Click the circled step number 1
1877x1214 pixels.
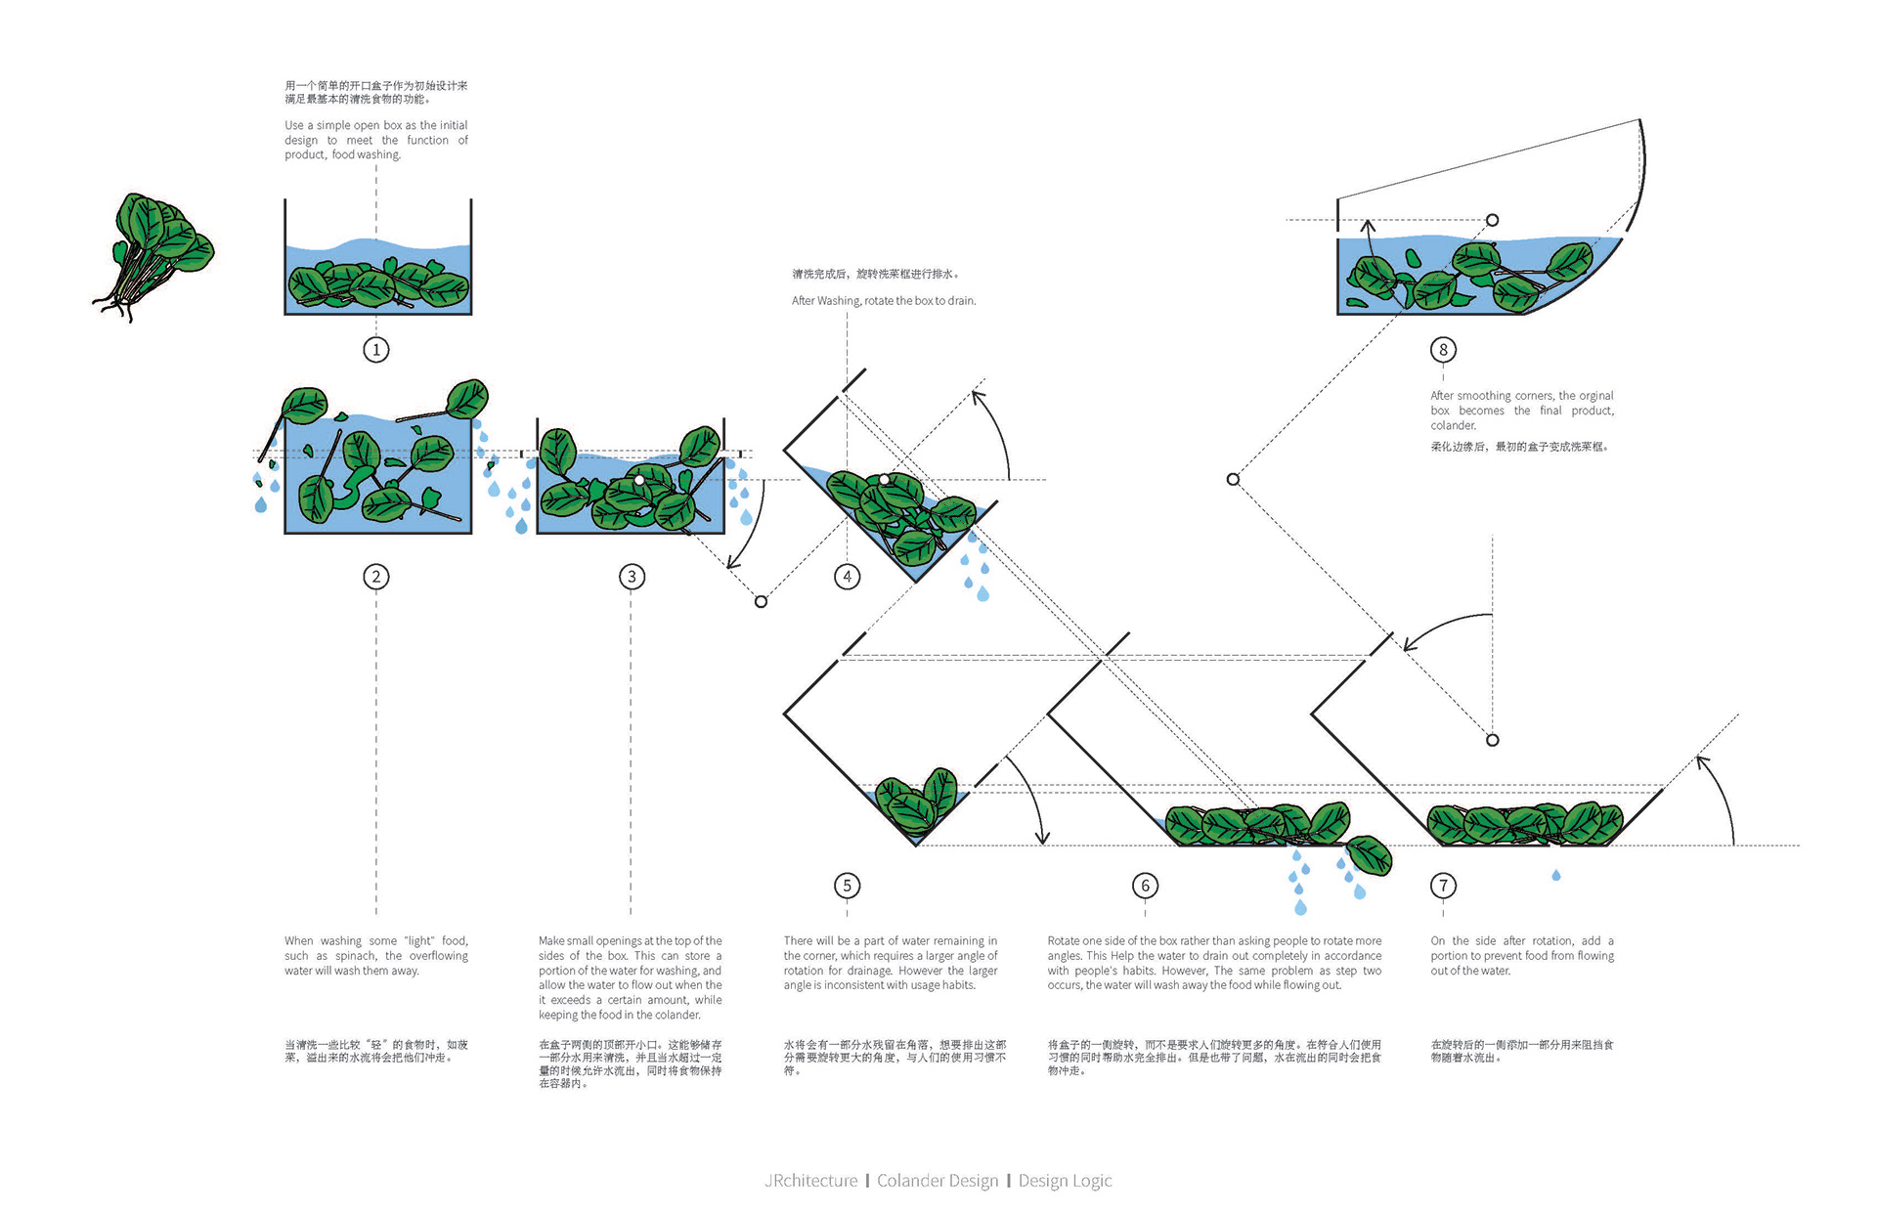[x=376, y=349]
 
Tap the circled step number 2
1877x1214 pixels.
[x=376, y=577]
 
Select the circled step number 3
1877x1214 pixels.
[x=632, y=577]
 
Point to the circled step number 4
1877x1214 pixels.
[x=848, y=577]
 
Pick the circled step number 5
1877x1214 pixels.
[x=848, y=886]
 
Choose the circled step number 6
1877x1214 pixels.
[x=1146, y=886]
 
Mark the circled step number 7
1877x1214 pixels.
[x=1443, y=886]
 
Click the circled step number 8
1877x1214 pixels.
[x=1443, y=349]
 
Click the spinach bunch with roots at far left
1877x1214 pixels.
[x=156, y=254]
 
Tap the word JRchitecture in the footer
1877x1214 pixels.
[x=810, y=1181]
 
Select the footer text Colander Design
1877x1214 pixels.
[x=938, y=1181]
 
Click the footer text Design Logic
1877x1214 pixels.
[x=1066, y=1181]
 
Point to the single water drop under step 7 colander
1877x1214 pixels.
[x=1556, y=875]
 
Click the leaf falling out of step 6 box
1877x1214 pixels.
[x=1370, y=855]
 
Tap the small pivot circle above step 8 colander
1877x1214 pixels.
[x=1492, y=220]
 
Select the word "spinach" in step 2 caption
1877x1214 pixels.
[x=356, y=956]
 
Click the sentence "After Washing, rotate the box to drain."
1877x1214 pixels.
[x=884, y=301]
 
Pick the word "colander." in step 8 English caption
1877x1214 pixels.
[x=1454, y=425]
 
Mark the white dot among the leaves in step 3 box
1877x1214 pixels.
[x=638, y=480]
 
